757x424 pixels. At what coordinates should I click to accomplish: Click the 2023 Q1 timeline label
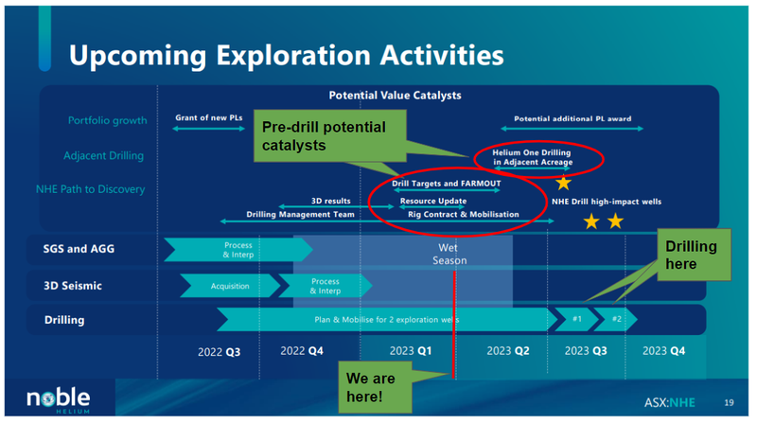click(411, 350)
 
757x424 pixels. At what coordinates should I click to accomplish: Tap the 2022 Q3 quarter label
click(219, 352)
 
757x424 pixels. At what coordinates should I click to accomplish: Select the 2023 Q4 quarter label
click(663, 350)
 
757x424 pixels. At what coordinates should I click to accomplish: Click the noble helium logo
click(59, 399)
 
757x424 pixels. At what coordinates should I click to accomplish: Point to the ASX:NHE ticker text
click(670, 402)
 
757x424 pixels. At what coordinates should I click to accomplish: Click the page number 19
click(729, 402)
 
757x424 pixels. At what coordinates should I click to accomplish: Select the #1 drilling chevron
click(577, 319)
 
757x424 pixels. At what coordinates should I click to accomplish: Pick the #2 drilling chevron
click(616, 319)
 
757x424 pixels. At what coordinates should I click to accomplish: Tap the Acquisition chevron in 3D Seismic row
click(230, 286)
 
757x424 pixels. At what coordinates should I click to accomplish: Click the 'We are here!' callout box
click(375, 387)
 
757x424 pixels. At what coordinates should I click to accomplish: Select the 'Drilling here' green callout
click(694, 255)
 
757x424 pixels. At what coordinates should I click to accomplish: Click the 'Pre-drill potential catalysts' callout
click(329, 135)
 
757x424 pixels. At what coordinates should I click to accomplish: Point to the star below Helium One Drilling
click(563, 184)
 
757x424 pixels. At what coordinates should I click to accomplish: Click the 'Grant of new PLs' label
click(208, 118)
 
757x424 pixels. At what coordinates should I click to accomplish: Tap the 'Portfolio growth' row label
click(107, 120)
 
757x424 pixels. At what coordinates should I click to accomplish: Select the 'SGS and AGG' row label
click(79, 249)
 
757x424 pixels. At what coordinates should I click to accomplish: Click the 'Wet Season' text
click(449, 254)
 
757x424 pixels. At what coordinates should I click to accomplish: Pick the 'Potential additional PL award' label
click(572, 119)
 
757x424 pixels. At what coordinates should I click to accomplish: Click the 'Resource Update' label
click(433, 201)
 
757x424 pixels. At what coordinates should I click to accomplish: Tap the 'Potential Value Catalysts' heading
click(395, 96)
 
